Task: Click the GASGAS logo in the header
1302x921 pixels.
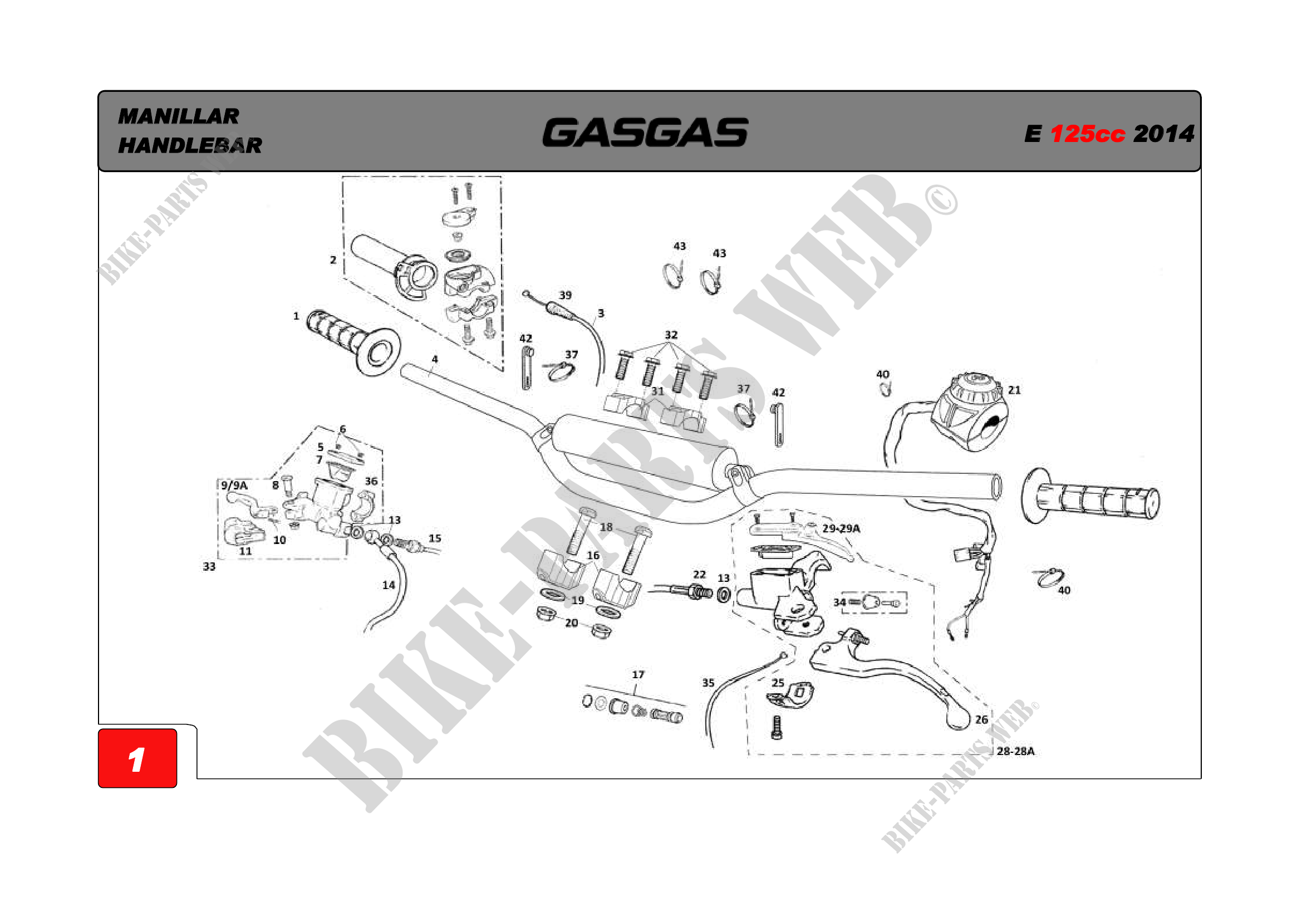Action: click(645, 132)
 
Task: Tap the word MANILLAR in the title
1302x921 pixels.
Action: click(179, 116)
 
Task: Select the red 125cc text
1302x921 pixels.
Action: click(1087, 134)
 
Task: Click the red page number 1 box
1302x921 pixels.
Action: click(138, 758)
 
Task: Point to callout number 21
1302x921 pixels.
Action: click(1015, 390)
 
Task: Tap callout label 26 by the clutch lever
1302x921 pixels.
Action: click(981, 719)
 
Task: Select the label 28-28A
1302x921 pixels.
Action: click(1016, 751)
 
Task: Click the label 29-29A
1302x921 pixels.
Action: click(841, 528)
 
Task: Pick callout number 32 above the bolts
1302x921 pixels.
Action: click(671, 335)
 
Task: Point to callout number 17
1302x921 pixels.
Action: click(638, 675)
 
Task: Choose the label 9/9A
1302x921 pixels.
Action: click(234, 486)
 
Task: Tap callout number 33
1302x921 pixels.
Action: click(209, 566)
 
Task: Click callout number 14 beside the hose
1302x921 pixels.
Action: click(389, 585)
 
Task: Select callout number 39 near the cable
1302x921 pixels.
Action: click(566, 296)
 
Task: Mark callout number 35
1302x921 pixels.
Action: click(708, 683)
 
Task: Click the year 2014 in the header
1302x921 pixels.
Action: click(1163, 134)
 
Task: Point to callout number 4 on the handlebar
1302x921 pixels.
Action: click(435, 360)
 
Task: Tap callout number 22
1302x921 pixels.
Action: click(700, 575)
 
